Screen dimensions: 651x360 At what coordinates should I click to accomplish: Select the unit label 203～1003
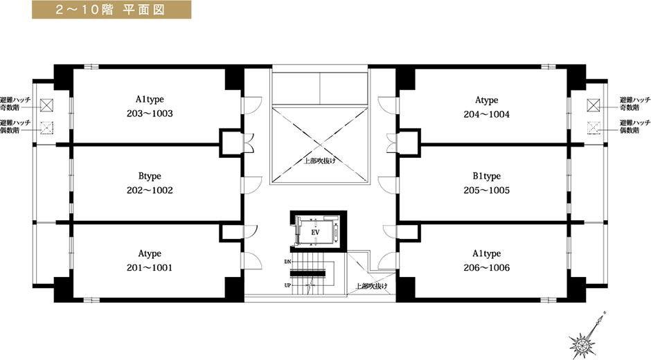click(150, 114)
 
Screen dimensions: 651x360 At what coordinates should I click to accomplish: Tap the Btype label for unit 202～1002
click(150, 177)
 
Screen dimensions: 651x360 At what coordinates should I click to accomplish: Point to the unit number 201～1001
click(150, 268)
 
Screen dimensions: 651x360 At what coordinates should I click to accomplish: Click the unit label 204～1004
click(487, 114)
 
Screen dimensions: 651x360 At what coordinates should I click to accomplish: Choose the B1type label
click(487, 177)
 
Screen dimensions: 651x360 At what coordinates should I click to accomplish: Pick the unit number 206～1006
click(487, 268)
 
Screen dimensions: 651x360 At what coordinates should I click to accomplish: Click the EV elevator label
click(316, 233)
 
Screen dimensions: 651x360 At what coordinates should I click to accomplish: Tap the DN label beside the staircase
click(287, 262)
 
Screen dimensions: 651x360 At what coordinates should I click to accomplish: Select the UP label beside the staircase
click(287, 285)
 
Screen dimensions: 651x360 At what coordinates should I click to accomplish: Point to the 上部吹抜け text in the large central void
click(320, 161)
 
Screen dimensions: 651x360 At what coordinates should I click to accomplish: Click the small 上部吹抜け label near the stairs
click(372, 286)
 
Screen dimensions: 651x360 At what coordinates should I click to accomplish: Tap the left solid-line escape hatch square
click(47, 105)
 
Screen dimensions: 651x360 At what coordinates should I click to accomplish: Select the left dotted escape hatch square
click(47, 128)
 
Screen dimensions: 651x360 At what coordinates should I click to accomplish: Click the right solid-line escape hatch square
click(594, 105)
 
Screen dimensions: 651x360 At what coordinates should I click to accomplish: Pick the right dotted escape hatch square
click(594, 128)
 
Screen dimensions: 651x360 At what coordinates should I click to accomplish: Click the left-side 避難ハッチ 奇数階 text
click(15, 104)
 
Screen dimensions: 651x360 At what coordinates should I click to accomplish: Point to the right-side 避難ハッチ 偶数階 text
click(635, 127)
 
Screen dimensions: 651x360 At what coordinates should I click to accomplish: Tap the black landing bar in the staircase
click(308, 273)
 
